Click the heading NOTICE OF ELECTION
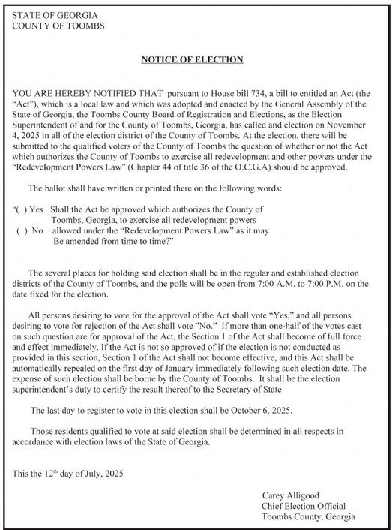click(x=193, y=59)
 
